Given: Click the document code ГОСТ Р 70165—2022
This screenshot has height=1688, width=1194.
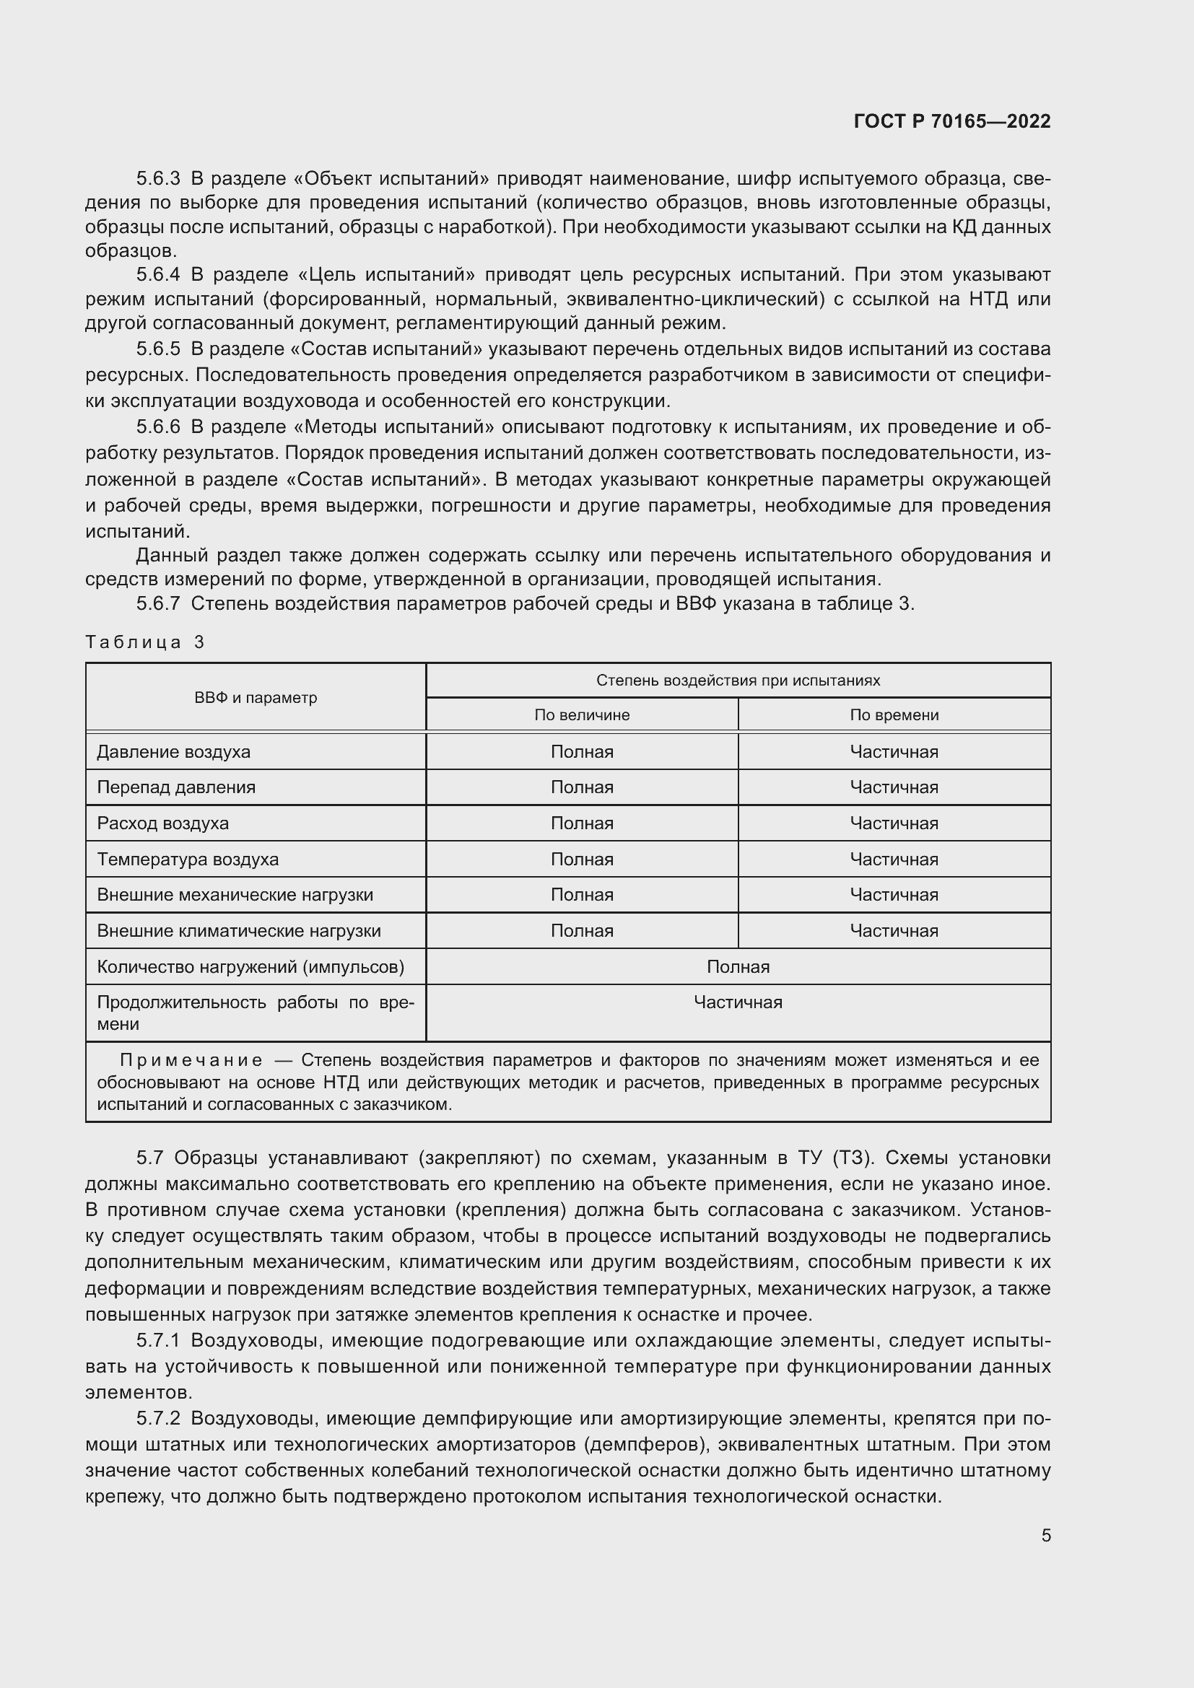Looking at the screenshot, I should point(952,121).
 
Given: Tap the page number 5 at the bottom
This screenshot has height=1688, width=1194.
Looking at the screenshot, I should point(1045,1535).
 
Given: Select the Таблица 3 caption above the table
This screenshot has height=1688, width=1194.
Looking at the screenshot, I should point(145,642).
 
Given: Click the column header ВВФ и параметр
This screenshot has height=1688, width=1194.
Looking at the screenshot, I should point(255,698).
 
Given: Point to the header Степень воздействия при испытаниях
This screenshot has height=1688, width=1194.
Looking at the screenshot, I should point(738,680).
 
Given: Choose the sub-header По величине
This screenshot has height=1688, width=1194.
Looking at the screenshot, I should point(582,714).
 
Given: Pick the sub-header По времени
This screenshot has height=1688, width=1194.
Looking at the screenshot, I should point(893,714).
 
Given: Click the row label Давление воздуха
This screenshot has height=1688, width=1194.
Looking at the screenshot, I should point(173,751).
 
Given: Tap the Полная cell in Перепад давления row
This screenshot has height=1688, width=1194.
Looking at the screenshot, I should point(582,787).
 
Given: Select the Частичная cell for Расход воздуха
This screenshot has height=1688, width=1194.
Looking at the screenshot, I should point(893,823).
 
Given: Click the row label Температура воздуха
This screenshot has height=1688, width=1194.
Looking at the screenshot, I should point(188,859).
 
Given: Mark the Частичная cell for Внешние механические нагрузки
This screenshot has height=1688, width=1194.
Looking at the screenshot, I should point(893,895).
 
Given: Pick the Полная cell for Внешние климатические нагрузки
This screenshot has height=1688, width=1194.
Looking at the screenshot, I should point(582,931).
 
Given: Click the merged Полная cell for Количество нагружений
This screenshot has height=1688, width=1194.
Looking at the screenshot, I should point(738,967).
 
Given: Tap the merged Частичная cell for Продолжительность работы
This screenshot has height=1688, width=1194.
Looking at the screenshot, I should point(738,1002).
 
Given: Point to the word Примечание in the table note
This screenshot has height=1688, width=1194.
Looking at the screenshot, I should point(191,1060).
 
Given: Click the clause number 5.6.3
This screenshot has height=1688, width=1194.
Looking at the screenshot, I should point(158,178).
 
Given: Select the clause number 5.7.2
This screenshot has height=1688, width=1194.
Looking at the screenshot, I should point(158,1418).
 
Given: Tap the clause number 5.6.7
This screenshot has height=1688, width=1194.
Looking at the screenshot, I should point(158,603).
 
